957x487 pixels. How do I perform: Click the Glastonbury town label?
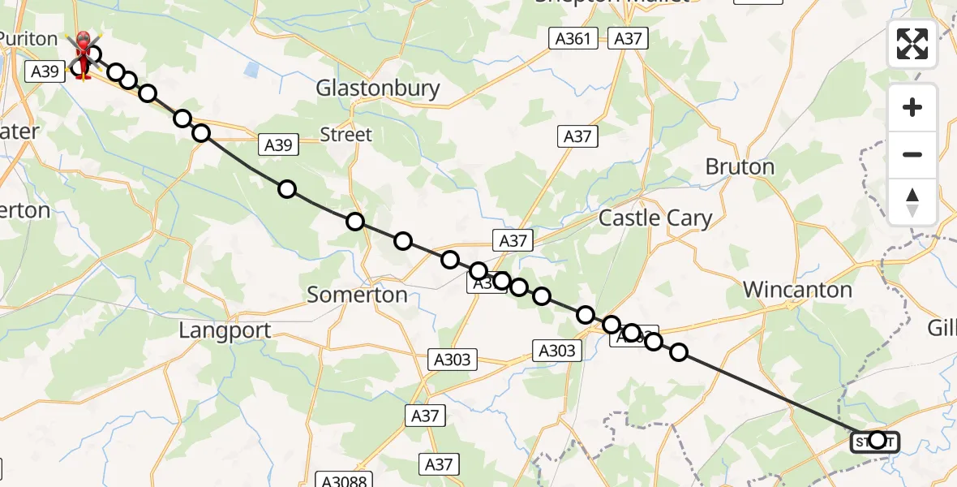(378, 88)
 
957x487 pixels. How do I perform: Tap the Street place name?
(345, 135)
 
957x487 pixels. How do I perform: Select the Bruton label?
(740, 167)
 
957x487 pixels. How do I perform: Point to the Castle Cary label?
(655, 218)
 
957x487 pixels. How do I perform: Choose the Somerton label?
(357, 295)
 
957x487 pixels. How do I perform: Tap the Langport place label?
(225, 330)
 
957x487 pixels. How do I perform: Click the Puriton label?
(28, 39)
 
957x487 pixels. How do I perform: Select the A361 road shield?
(573, 38)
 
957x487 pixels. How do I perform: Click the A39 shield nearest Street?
(278, 145)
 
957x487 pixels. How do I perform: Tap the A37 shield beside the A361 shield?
(628, 38)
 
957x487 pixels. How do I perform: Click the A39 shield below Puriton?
(45, 71)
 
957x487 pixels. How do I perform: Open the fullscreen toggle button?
(912, 44)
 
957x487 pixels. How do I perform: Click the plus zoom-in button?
(912, 107)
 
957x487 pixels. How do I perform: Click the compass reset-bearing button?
(912, 201)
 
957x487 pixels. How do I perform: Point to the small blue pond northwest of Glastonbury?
(251, 70)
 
